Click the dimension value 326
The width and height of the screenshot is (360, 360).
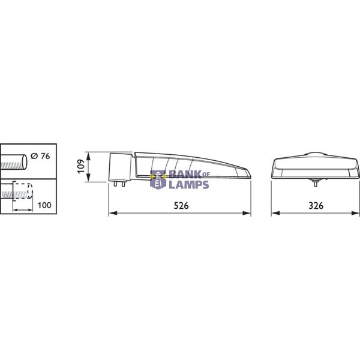click(x=315, y=205)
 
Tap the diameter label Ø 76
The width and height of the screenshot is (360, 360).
click(x=40, y=157)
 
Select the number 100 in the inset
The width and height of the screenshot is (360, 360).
click(x=44, y=205)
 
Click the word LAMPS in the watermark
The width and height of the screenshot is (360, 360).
click(x=189, y=185)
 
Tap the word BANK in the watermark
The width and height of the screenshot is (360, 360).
click(x=182, y=175)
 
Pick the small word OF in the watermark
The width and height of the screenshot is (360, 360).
click(x=204, y=175)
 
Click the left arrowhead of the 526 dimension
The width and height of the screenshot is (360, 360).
click(x=110, y=213)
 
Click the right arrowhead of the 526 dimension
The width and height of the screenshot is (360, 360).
click(x=249, y=213)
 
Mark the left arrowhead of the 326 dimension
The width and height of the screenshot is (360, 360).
click(x=274, y=213)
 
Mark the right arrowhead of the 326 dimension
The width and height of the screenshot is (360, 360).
click(x=358, y=213)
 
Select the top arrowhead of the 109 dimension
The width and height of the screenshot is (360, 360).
click(x=89, y=154)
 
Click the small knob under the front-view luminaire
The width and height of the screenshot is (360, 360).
click(x=314, y=180)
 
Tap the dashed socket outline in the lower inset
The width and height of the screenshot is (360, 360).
click(x=22, y=191)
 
